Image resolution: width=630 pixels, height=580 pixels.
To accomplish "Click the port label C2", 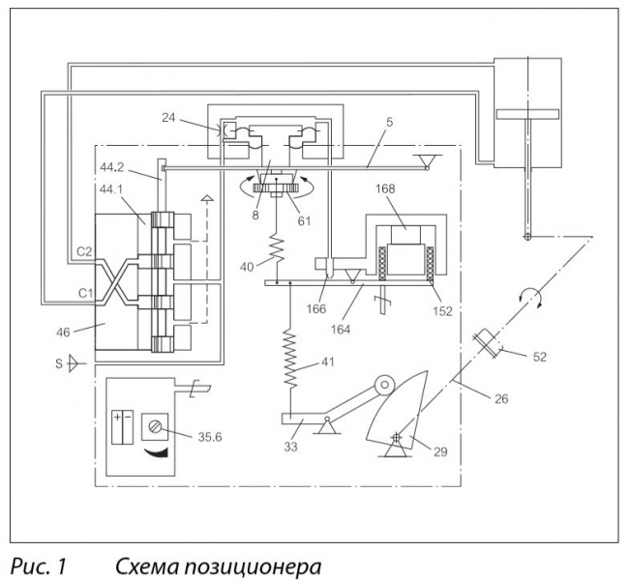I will click(85, 251).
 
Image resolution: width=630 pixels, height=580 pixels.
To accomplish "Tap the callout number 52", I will click(539, 358).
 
